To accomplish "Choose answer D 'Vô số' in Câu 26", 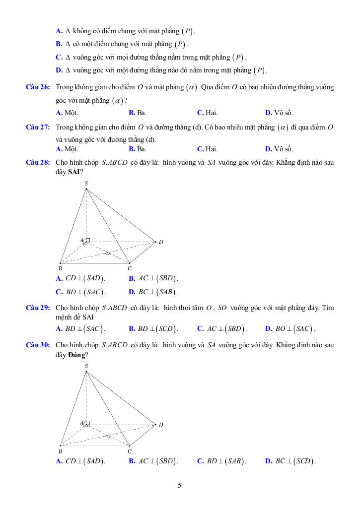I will [x=279, y=113].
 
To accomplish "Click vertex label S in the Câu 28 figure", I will [x=86, y=184].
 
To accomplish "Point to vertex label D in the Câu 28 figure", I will [x=161, y=242].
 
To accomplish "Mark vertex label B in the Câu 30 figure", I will [x=60, y=451].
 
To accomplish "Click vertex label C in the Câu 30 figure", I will [x=130, y=451].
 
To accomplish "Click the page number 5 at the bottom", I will [x=180, y=485].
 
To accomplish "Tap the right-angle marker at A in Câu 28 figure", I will [x=87, y=241].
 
